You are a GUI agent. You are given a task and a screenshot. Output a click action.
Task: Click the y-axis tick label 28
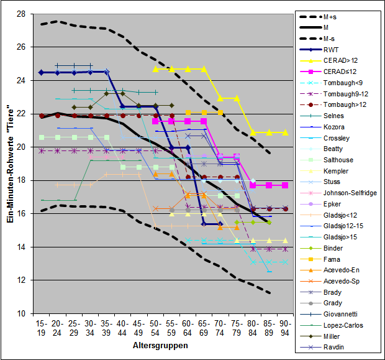20,14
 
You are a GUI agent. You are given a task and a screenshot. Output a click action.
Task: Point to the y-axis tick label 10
20,313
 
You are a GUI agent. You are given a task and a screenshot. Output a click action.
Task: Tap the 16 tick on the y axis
20,214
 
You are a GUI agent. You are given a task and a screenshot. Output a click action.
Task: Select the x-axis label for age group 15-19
42,329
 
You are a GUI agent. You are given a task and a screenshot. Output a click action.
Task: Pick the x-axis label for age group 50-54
155,329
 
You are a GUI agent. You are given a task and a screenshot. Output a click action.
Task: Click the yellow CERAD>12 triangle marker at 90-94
285,132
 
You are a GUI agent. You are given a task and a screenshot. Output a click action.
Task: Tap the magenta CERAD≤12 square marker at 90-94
285,185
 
